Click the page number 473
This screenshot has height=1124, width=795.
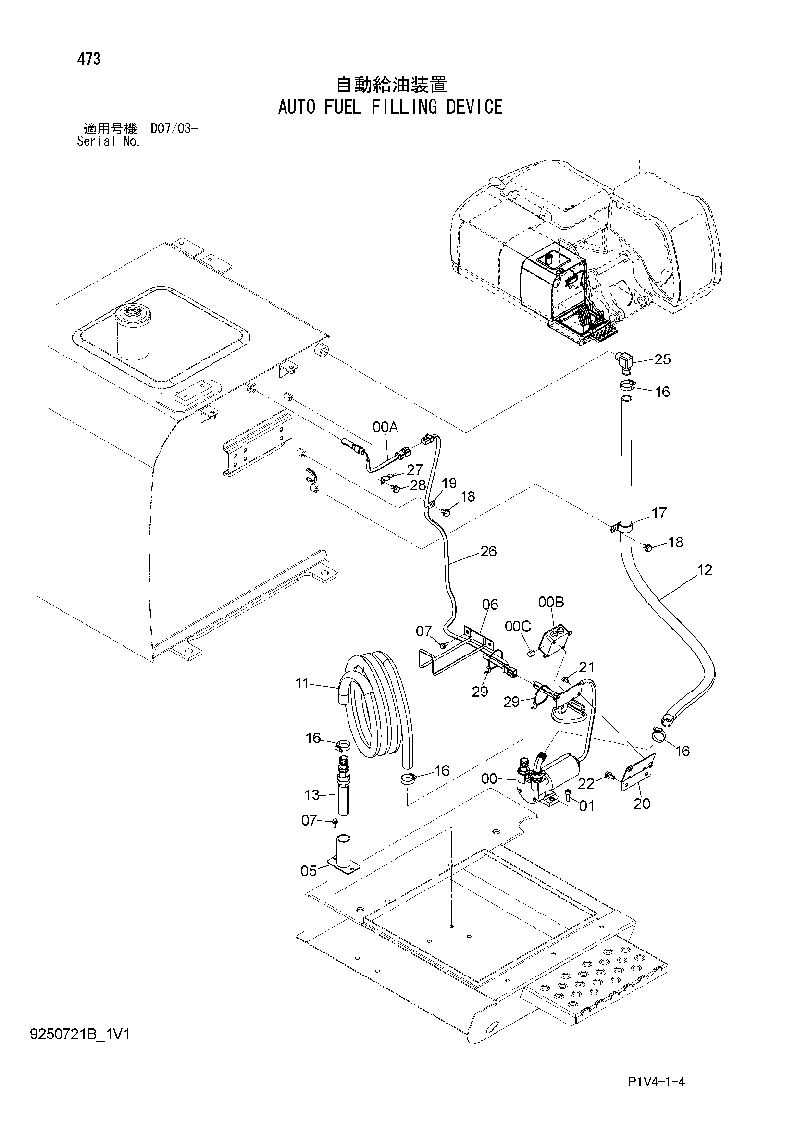click(x=88, y=59)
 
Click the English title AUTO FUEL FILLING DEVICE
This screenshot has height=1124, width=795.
click(x=390, y=107)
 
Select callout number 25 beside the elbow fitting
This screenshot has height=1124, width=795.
click(x=662, y=359)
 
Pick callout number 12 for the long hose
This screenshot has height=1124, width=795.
click(x=705, y=570)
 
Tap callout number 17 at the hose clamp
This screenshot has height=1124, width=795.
click(x=659, y=513)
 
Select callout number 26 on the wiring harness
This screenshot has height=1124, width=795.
click(x=488, y=551)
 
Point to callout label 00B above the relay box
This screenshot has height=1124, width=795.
click(x=551, y=602)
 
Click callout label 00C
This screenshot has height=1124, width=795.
click(x=518, y=626)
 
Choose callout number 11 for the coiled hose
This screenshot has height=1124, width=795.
click(x=302, y=683)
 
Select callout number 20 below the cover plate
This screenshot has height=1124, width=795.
click(x=642, y=803)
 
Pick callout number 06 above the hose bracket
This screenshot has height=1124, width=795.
click(x=489, y=605)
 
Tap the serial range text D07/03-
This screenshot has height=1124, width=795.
click(x=174, y=129)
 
